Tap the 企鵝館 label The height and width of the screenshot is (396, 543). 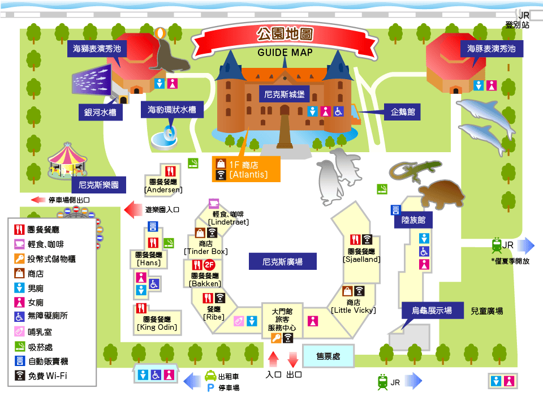click(x=402, y=112)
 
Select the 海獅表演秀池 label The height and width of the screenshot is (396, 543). click(x=97, y=49)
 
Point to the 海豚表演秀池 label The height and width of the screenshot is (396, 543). click(x=491, y=49)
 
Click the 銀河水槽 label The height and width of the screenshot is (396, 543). click(x=100, y=112)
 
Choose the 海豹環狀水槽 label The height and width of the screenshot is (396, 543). click(x=171, y=110)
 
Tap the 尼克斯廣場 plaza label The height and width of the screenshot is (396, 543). click(x=282, y=262)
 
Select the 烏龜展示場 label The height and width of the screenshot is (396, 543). click(x=432, y=311)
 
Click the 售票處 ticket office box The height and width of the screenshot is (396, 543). click(x=327, y=356)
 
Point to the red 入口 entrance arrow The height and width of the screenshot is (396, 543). click(x=274, y=360)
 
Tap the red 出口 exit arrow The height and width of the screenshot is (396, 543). click(x=293, y=360)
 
